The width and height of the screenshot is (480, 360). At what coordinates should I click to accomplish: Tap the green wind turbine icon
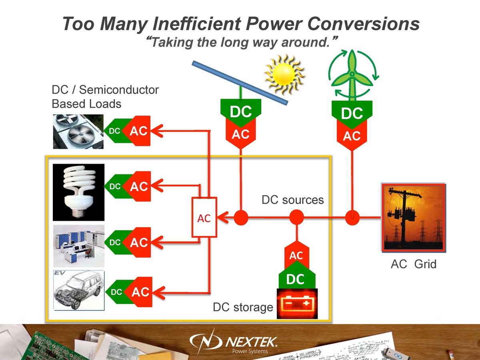352,76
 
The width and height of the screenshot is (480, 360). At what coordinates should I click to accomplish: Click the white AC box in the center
204,217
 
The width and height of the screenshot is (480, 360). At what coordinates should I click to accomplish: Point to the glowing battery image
297,304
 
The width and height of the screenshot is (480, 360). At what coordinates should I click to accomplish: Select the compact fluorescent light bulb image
79,192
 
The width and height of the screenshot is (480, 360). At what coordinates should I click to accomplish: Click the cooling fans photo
78,131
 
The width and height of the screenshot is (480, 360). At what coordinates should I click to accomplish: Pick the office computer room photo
79,246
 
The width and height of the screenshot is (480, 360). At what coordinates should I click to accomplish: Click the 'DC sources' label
292,200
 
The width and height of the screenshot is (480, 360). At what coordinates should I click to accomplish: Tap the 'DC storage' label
242,307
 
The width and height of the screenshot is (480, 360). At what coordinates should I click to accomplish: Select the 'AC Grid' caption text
413,264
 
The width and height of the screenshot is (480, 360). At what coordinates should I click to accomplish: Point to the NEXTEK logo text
252,342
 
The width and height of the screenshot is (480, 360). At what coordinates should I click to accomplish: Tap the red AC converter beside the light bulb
138,186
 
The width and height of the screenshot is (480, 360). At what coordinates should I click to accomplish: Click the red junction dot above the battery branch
296,218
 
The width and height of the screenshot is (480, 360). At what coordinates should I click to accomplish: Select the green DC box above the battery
296,279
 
